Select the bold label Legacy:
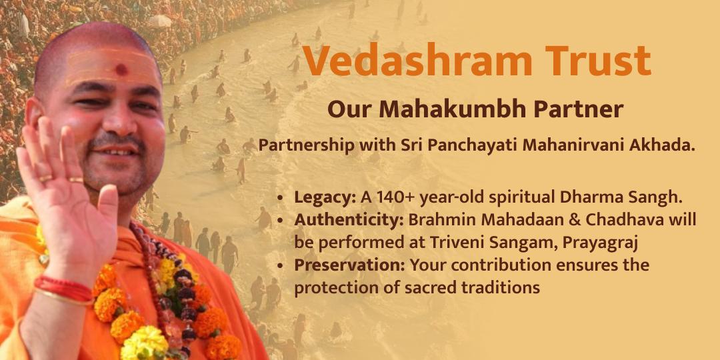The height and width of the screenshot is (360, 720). (x=325, y=198)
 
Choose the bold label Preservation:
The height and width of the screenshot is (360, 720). (x=350, y=265)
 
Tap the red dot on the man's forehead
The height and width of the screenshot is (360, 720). (x=121, y=69)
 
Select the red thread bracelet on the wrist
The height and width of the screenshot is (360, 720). (x=63, y=287)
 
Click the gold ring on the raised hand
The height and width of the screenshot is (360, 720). (x=45, y=178)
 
